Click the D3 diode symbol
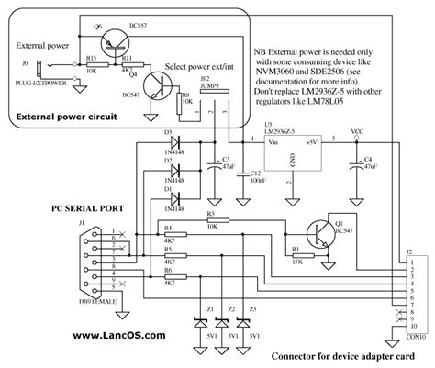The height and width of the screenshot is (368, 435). pos(171,141)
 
